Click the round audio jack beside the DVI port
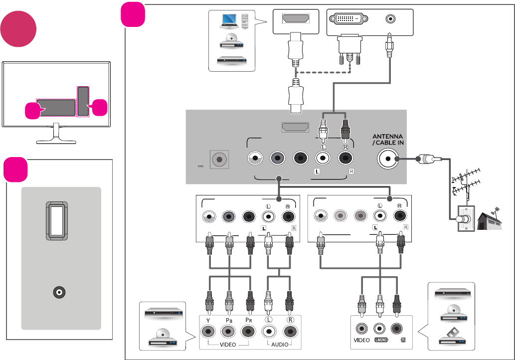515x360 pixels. tap(390, 19)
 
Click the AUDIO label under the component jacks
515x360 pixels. tap(279, 344)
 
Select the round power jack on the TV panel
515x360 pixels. tap(218, 160)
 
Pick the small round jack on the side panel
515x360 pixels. tap(59, 293)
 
